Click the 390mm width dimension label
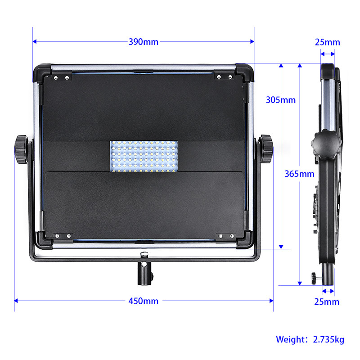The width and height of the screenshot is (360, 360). coord(144,42)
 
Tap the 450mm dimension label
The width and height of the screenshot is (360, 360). coord(144,301)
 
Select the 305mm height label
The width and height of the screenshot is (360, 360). coord(280,100)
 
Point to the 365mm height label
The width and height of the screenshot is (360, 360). coord(299,174)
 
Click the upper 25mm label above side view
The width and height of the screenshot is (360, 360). coord(328,42)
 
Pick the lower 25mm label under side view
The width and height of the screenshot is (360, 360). coord(327,301)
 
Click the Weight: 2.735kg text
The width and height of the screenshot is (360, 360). coord(310,339)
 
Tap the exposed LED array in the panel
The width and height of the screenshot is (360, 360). coord(144,156)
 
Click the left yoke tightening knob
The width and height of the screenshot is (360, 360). coord(21,149)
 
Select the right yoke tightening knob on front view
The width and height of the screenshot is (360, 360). coord(266,149)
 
